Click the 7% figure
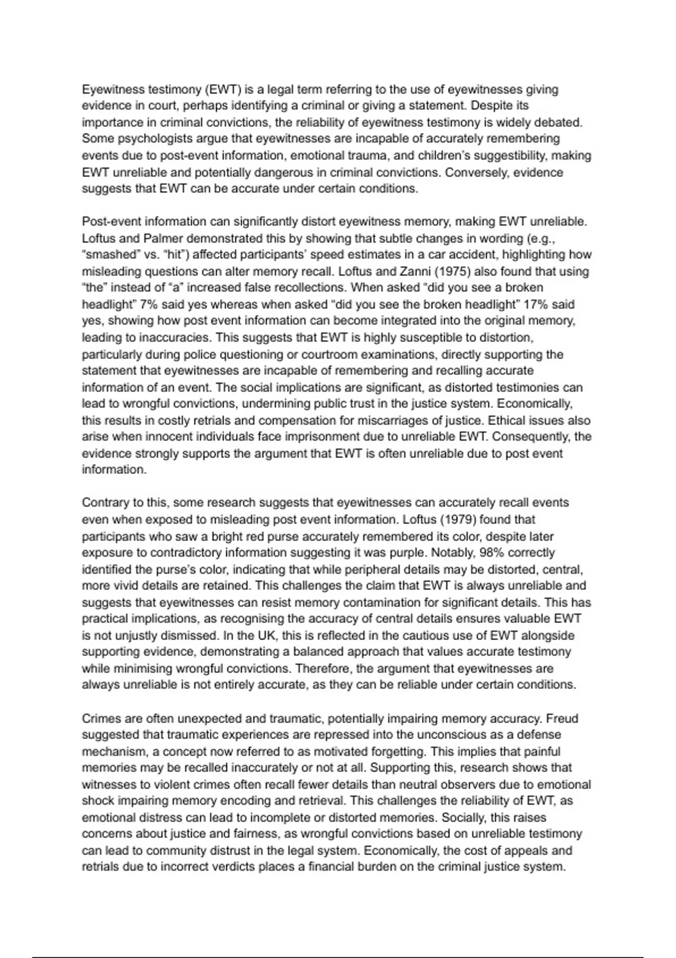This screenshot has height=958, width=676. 149,305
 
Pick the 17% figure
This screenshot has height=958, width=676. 536,305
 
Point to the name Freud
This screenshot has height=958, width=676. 562,719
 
